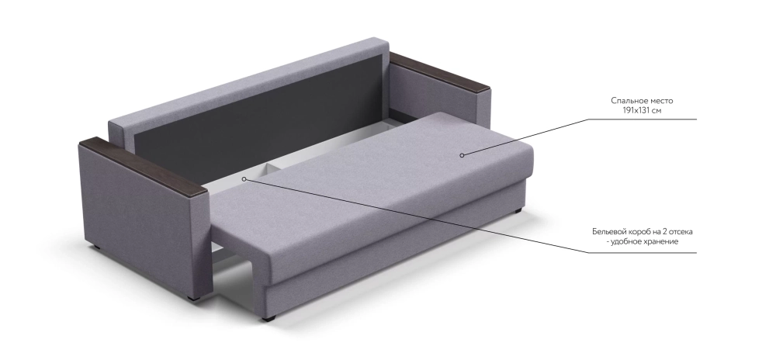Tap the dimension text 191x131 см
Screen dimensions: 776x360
(642, 110)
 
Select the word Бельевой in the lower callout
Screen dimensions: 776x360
(608, 231)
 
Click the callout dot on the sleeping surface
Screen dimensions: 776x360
(462, 155)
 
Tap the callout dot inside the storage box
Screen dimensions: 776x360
(244, 179)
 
